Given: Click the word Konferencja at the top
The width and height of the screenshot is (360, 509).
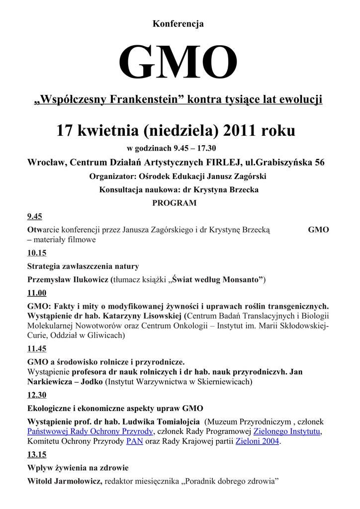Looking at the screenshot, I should [178, 24].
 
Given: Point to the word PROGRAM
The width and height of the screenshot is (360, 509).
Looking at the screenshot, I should [174, 203].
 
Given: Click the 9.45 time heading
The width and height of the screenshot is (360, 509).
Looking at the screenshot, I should [35, 216].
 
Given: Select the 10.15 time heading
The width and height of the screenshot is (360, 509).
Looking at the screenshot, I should [37, 253].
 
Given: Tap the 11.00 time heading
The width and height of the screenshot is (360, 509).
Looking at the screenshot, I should [37, 293].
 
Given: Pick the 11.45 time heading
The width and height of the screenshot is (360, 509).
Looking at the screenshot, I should [37, 348].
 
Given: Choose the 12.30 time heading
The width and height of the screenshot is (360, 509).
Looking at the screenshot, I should [37, 395].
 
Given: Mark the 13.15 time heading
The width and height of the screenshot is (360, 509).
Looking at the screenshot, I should [37, 454].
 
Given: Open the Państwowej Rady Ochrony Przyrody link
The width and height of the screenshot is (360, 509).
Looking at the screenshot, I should [90, 431].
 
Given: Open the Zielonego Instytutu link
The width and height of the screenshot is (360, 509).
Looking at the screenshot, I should [287, 431].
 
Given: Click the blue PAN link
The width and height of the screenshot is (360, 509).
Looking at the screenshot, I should [135, 441].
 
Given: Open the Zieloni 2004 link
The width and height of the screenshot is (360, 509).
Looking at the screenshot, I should [258, 441].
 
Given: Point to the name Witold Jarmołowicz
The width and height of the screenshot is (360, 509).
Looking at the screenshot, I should [64, 481].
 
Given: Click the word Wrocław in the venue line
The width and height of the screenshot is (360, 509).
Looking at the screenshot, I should [46, 163].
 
